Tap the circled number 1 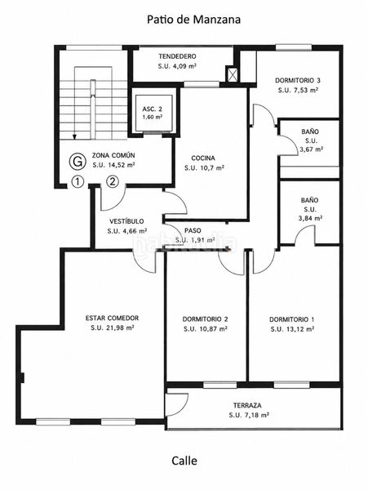tap(78, 181)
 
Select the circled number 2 tap(113, 181)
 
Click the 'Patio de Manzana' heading tap(194, 20)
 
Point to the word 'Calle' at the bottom tap(184, 461)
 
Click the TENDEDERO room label tap(177, 56)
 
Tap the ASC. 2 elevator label tap(152, 109)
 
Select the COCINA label tap(203, 158)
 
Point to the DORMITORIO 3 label tap(298, 80)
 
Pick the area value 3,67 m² tap(311, 149)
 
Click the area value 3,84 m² tap(310, 218)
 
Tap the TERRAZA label tap(247, 406)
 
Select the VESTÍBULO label tap(126, 221)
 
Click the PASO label tap(193, 230)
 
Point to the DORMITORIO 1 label tap(292, 319)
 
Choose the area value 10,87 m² tap(211, 329)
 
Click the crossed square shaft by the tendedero tap(232, 74)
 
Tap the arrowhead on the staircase tap(74, 136)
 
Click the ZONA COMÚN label tap(113, 155)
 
